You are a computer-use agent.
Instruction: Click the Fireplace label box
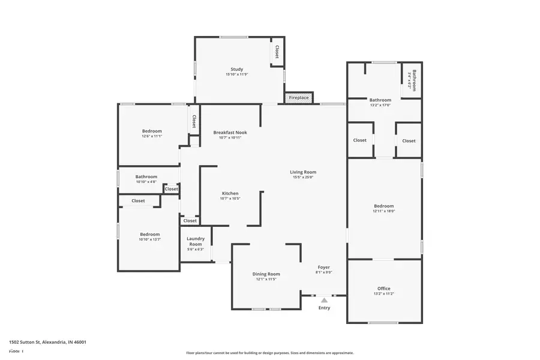coord(299,98)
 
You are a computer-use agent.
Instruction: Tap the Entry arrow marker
coord(324,300)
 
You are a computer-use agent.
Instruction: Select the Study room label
coord(237,69)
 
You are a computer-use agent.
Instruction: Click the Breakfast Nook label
coord(230,133)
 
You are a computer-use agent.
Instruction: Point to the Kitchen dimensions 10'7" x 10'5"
coord(230,199)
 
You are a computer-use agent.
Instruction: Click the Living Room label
coord(303,172)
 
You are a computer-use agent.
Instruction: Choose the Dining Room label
coord(266,274)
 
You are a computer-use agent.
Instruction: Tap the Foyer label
coord(323,268)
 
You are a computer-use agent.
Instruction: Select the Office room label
coord(383,289)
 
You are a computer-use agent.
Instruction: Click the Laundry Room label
coord(196,242)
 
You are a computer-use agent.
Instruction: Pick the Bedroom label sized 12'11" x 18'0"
coord(384,206)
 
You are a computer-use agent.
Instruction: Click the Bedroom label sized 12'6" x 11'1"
coord(152,131)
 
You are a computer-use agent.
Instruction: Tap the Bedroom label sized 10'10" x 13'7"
coord(150,234)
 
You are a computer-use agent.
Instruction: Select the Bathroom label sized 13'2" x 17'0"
coord(380,100)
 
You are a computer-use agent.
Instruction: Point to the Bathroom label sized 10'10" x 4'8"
coord(146,177)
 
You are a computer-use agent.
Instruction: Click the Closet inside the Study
coord(277,52)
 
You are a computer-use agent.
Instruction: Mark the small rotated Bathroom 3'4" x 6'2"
coord(412,80)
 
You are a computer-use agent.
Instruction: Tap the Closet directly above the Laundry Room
coord(190,221)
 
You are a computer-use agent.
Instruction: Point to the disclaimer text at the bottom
coord(269,353)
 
